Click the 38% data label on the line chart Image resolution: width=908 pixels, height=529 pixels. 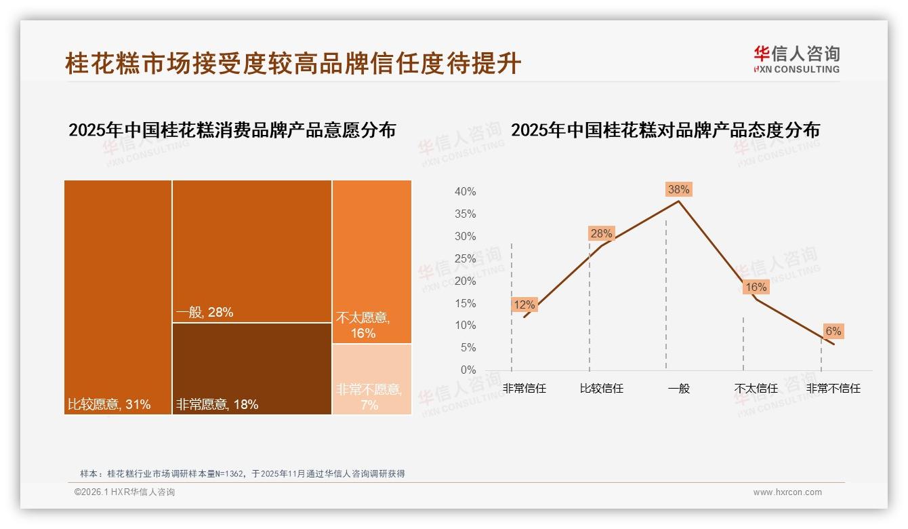tap(678, 189)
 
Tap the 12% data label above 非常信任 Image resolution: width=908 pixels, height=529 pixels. tap(524, 305)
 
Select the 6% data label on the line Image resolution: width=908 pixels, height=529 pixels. tap(833, 331)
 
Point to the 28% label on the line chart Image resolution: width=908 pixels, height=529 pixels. tap(601, 233)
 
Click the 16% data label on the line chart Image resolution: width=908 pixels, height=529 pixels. tap(756, 287)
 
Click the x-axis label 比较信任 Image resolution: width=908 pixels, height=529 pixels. tap(601, 389)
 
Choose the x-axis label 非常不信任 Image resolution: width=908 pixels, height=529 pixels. tap(833, 389)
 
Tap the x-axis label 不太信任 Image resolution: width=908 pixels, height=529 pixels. tap(756, 389)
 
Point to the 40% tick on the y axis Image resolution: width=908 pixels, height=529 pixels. tap(465, 192)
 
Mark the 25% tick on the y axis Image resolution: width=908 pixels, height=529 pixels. tap(465, 258)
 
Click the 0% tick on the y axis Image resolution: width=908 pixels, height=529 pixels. tap(468, 370)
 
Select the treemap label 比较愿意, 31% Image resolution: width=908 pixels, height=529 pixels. tap(109, 405)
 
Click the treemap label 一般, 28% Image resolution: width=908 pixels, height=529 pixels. tap(204, 312)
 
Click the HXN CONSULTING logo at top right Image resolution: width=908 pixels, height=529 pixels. tap(797, 59)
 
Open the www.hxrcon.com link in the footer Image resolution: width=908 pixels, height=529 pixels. tap(787, 492)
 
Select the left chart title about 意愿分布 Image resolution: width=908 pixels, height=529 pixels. tap(232, 130)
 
